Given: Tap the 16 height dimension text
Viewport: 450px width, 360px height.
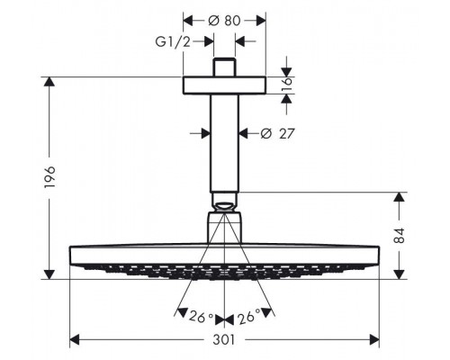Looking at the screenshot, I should (x=287, y=85).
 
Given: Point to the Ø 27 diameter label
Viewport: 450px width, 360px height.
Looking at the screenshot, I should (x=278, y=134).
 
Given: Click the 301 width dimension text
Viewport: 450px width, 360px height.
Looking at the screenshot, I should (x=225, y=340).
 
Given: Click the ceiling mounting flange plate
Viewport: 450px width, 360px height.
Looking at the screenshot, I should (x=225, y=85).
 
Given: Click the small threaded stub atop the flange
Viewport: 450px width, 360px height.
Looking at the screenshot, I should (x=225, y=68).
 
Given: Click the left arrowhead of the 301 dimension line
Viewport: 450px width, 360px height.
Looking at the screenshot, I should (x=74, y=340).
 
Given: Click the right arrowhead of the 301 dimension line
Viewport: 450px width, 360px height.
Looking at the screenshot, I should (x=376, y=340).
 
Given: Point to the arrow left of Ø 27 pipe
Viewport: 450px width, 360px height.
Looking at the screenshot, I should (x=203, y=133).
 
